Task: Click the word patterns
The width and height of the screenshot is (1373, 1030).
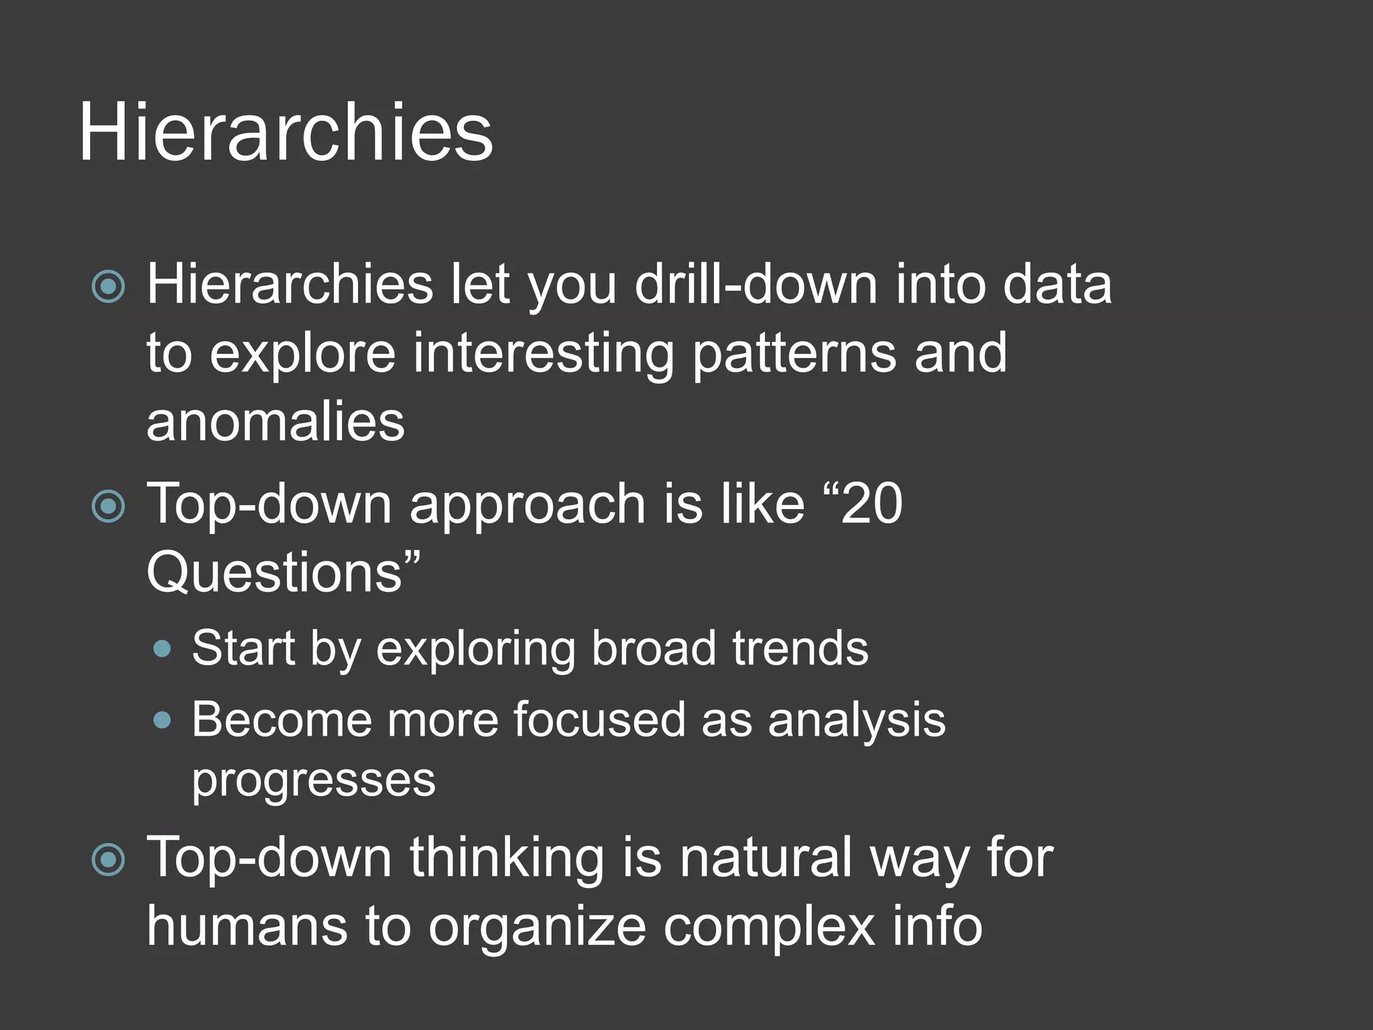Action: (x=794, y=353)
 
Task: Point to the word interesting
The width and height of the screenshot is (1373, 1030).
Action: (x=543, y=353)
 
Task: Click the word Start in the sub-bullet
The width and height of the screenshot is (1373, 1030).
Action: (x=243, y=648)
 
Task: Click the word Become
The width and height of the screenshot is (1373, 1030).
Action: (x=281, y=720)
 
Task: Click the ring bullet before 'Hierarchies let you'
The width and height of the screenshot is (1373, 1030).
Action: (x=109, y=287)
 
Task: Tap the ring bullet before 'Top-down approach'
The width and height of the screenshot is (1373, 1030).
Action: (x=109, y=506)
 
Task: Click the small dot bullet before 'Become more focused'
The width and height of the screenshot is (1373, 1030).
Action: (x=162, y=720)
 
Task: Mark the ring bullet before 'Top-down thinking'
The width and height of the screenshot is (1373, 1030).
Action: (x=109, y=860)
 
